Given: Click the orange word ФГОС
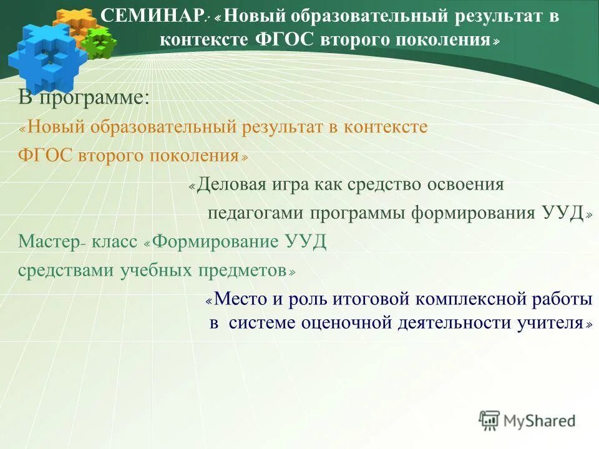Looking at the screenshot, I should coord(45,156).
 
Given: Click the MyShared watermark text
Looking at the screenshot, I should coord(539,421).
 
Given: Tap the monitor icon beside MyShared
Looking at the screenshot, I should coord(489,420).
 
